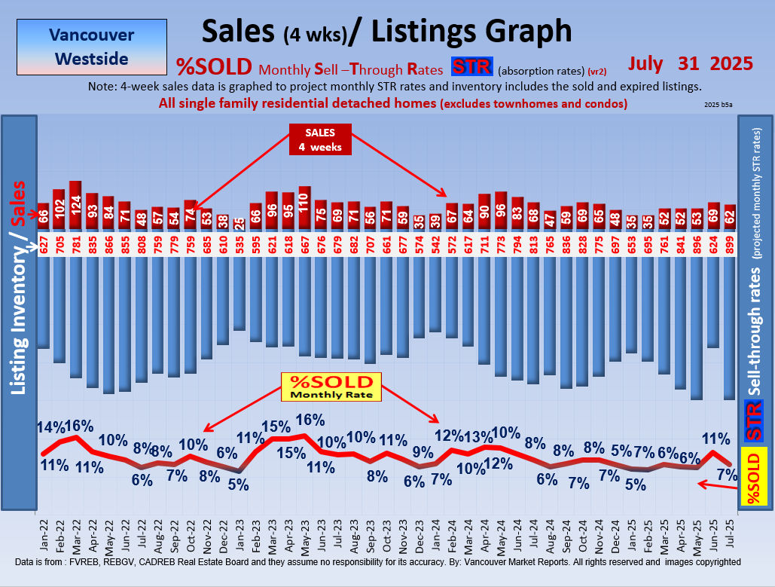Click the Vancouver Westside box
coord(92,47)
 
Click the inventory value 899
coord(730,243)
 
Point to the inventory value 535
coord(239,243)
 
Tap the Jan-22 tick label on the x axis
coord(43,536)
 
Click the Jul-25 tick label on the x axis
coord(730,536)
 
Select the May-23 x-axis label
coord(305,536)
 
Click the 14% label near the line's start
coord(50,428)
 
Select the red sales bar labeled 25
coord(239,224)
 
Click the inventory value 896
coord(697,243)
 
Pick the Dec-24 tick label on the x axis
coord(615,536)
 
